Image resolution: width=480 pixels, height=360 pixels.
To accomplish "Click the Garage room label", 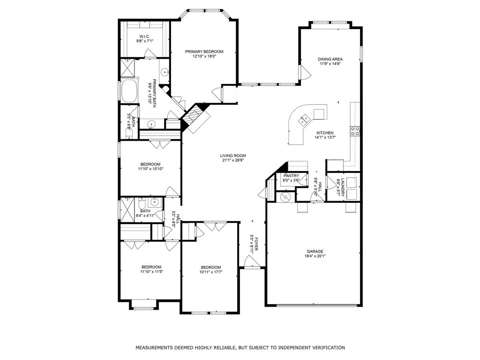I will (x=315, y=251).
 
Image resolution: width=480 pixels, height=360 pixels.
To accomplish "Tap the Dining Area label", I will (x=330, y=59).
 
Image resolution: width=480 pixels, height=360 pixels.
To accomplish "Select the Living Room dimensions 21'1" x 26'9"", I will (x=233, y=160).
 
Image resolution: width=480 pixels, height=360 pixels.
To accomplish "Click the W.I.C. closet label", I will (x=144, y=37).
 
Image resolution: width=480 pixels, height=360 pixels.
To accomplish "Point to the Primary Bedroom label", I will (x=204, y=52).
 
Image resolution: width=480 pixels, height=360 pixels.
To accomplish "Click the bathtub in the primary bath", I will (x=129, y=91).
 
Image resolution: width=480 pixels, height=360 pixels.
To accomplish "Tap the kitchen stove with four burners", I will (x=355, y=131).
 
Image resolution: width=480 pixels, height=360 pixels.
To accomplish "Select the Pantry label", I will (x=291, y=176).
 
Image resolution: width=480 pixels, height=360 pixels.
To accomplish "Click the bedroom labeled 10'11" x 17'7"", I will (x=210, y=267).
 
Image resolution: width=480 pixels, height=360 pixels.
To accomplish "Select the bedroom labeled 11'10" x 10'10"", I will (x=149, y=164).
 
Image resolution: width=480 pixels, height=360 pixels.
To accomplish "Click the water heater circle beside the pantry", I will (x=285, y=197).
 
